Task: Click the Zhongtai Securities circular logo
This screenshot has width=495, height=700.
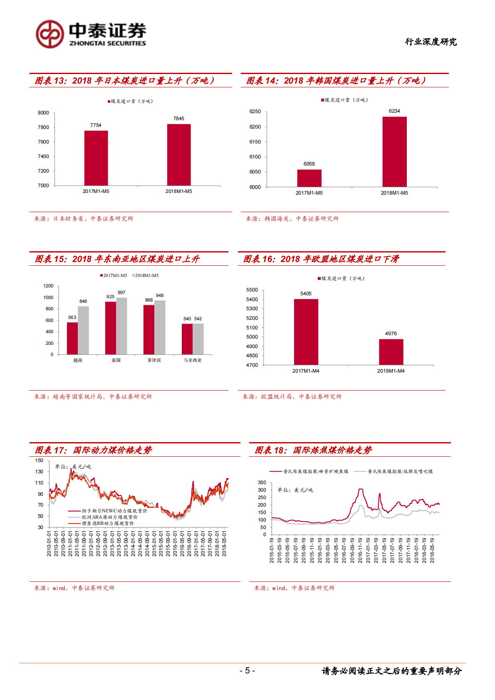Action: point(50,34)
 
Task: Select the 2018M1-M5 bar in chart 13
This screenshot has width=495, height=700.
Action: point(179,155)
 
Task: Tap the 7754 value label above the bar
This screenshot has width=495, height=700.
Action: point(96,125)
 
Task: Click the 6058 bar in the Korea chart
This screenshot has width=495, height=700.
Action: point(309,178)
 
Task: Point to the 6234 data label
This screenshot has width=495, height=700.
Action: point(394,111)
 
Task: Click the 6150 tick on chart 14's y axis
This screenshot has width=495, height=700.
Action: point(255,142)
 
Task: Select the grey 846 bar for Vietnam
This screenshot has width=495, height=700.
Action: point(83,330)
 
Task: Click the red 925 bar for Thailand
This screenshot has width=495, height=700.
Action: point(111,328)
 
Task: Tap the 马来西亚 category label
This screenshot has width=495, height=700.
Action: point(193,360)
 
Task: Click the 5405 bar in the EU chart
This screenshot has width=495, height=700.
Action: point(306,331)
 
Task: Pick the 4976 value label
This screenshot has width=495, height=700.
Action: point(391,334)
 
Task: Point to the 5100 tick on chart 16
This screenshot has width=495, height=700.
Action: point(252,328)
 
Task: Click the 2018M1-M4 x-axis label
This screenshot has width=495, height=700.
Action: point(391,371)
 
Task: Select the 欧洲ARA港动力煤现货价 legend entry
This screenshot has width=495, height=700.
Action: point(109,517)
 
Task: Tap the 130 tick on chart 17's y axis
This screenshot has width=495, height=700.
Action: point(39,472)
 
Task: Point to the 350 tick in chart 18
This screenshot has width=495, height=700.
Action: point(262,483)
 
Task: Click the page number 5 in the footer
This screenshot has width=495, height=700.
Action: point(247,670)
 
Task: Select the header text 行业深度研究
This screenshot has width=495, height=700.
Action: point(431,42)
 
